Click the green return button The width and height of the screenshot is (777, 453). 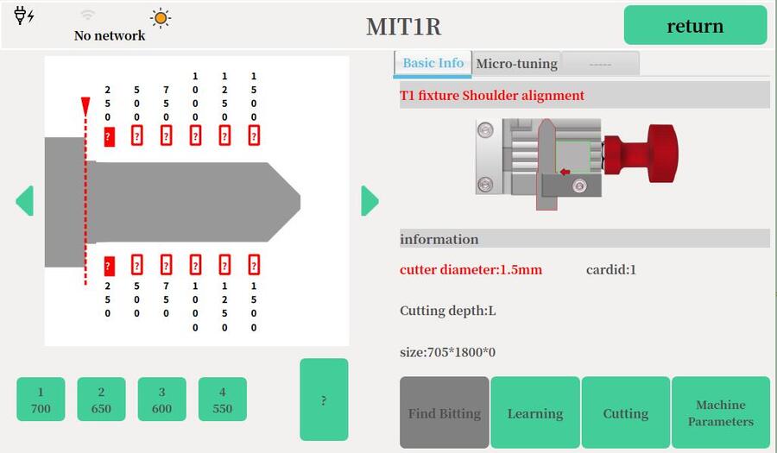695,25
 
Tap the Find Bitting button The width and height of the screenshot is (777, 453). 445,412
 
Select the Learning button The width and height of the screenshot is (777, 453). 535,412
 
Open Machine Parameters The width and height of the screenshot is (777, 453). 720,412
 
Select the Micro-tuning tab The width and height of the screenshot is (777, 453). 516,63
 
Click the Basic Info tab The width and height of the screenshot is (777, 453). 433,63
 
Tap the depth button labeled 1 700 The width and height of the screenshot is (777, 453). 41,400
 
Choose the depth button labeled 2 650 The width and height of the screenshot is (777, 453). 101,400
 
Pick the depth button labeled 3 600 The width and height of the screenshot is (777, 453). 161,400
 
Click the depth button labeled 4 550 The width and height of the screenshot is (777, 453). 222,400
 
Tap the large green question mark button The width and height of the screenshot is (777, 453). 324,400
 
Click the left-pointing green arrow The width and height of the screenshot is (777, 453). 24,201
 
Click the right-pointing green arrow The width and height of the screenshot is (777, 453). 370,201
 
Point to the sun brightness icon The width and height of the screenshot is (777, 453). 160,18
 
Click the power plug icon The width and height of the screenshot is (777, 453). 24,16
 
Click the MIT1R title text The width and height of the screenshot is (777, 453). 403,27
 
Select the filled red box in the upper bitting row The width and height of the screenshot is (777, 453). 110,135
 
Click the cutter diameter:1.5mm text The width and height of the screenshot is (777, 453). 471,270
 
